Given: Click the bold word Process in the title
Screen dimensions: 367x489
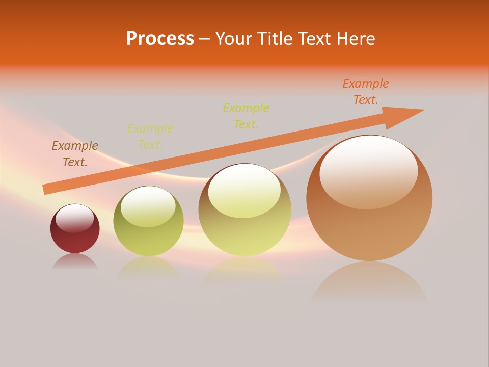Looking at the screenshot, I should [x=160, y=39].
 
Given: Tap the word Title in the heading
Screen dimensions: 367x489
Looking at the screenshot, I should [x=276, y=39].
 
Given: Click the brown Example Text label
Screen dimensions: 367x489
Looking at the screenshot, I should [x=75, y=154].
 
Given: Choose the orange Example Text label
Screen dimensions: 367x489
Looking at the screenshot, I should [x=366, y=92].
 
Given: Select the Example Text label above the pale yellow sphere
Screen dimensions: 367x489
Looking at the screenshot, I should [x=246, y=116].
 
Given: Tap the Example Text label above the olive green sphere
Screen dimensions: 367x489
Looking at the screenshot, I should [x=150, y=137].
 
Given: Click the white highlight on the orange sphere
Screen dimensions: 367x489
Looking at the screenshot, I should [x=369, y=171].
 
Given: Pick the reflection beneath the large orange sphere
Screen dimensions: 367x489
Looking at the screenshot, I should [x=369, y=283].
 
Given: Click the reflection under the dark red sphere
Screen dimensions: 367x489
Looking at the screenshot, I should [x=75, y=261].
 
